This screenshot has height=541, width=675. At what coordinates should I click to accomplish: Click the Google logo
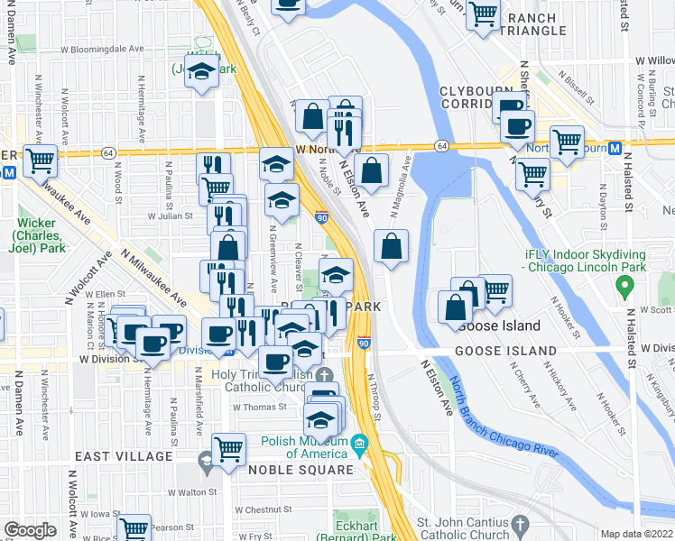pos(30,530)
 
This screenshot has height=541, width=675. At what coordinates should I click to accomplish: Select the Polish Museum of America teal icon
pos(358,443)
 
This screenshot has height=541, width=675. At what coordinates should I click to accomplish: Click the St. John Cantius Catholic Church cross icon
pos(519,524)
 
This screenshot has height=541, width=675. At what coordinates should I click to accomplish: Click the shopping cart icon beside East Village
pos(229,448)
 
